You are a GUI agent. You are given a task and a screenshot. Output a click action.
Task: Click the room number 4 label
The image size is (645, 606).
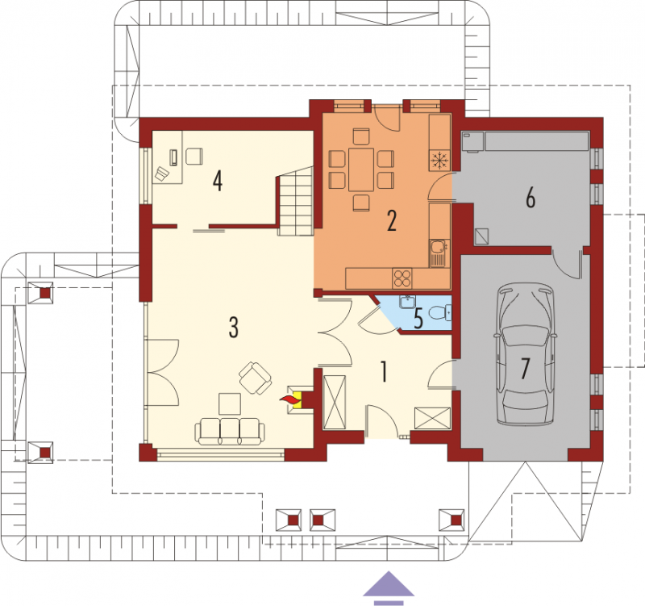(x=218, y=181)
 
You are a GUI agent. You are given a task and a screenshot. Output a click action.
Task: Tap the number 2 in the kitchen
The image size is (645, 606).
(x=392, y=220)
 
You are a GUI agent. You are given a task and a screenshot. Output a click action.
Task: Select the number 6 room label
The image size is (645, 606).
(x=531, y=198)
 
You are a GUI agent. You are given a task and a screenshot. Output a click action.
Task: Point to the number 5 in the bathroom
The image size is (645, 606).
(x=418, y=319)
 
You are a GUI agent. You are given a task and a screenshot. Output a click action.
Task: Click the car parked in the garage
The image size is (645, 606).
(x=526, y=354)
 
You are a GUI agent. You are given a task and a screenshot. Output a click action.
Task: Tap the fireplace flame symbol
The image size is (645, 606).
(x=290, y=399)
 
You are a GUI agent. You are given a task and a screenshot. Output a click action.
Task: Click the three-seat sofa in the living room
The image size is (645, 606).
(x=230, y=432)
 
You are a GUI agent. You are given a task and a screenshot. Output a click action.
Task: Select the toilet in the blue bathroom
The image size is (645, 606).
(x=440, y=313)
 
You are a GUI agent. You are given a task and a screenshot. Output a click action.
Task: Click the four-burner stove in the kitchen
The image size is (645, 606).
(x=402, y=278)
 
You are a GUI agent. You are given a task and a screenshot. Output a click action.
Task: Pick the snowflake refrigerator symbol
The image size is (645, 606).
(x=439, y=160)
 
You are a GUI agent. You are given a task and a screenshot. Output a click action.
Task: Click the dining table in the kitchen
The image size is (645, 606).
(x=361, y=169)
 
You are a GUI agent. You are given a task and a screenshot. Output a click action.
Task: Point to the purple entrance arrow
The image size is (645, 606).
(x=389, y=588)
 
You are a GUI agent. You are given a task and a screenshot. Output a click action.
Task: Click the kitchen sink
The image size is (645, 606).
(x=439, y=253)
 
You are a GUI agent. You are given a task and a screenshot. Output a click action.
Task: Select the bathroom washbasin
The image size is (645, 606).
(x=407, y=302)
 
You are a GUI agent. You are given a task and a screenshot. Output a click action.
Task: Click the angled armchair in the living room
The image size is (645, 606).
(x=255, y=378)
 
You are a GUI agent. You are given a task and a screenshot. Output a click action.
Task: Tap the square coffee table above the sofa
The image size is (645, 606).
(x=230, y=403)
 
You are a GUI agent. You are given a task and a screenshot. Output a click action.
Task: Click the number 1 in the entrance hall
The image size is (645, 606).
(x=384, y=371)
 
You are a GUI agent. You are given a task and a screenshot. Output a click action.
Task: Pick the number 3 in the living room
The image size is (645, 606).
(x=234, y=328)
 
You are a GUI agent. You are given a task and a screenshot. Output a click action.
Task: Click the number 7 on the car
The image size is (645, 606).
(x=525, y=369)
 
